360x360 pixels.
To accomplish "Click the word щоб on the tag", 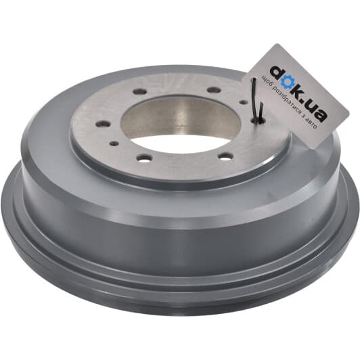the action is (267, 82).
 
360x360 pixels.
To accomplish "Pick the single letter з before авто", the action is (304, 116).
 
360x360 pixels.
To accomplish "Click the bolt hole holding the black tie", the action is (258, 120).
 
